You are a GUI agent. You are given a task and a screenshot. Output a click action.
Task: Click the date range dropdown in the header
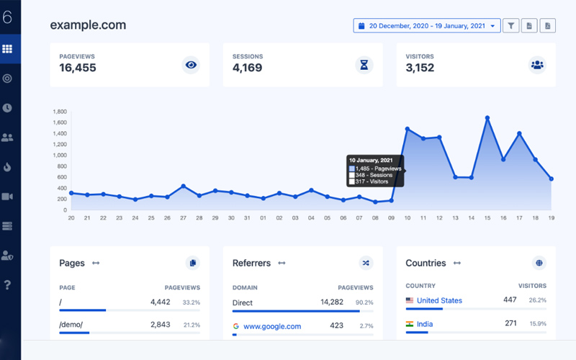pyautogui.click(x=427, y=26)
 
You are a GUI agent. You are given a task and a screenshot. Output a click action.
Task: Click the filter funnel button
pyautogui.click(x=510, y=26)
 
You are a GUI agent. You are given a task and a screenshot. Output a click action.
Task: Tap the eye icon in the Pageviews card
pyautogui.click(x=191, y=65)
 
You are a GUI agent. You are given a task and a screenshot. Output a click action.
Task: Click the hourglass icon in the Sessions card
pyautogui.click(x=364, y=65)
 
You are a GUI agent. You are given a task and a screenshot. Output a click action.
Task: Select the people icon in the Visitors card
pyautogui.click(x=537, y=65)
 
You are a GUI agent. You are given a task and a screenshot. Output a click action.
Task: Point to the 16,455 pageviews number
pyautogui.click(x=78, y=68)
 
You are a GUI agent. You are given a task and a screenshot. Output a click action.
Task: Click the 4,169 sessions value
pyautogui.click(x=247, y=68)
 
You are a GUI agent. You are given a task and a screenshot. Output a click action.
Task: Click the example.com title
pyautogui.click(x=88, y=25)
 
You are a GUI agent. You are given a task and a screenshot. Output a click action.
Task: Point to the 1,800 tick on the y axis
pyautogui.click(x=60, y=112)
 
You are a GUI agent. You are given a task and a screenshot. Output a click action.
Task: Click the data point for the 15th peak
pyautogui.click(x=487, y=117)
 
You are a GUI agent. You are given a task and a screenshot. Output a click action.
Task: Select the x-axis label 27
pyautogui.click(x=183, y=217)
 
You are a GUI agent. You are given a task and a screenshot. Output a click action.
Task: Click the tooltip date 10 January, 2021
pyautogui.click(x=369, y=160)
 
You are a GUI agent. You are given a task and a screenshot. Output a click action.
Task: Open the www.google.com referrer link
pyautogui.click(x=272, y=326)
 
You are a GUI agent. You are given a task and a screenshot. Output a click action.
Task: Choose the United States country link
pyautogui.click(x=439, y=300)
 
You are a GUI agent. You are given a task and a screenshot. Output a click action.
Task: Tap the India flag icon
pyautogui.click(x=410, y=324)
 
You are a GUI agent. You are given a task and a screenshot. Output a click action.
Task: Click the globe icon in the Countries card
pyautogui.click(x=539, y=263)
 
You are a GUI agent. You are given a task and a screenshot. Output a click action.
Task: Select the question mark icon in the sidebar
pyautogui.click(x=8, y=285)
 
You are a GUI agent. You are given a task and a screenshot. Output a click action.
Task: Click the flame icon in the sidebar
pyautogui.click(x=8, y=167)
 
